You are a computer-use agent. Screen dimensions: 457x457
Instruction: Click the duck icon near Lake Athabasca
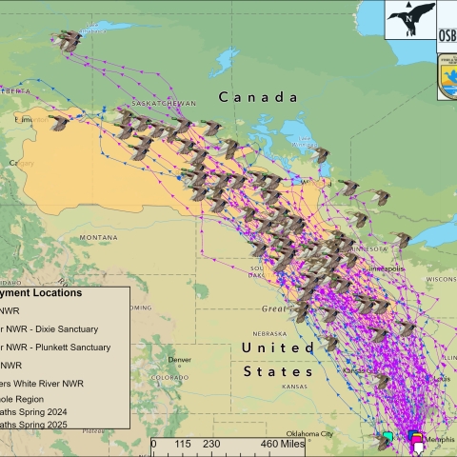coord(69,40)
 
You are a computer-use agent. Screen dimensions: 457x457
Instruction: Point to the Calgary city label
coord(18,163)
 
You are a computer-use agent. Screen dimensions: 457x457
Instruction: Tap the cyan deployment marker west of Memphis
coord(387,438)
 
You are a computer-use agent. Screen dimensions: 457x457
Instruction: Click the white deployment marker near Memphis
coord(417,445)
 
